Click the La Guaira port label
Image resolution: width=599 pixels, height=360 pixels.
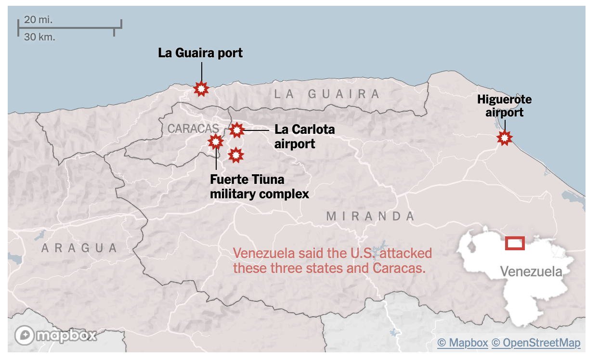tap(200, 53)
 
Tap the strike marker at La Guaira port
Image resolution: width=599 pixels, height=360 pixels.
tap(201, 89)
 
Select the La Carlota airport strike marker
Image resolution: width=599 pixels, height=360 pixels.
tap(236, 130)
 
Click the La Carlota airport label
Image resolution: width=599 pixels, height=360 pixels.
tap(304, 136)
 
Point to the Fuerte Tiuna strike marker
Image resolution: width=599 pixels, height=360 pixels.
tap(215, 141)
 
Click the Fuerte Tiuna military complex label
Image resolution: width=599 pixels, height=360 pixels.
tap(259, 187)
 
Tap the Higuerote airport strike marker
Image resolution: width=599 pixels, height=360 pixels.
tap(504, 138)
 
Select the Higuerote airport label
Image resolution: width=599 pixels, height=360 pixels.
tap(504, 106)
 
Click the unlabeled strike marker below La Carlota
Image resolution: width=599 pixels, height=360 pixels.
tap(235, 155)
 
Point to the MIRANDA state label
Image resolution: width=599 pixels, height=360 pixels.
tap(370, 217)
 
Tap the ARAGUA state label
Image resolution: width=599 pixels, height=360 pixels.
tap(79, 248)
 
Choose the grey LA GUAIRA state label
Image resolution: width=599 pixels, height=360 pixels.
tap(327, 94)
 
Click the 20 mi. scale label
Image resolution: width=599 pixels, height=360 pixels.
tap(39, 20)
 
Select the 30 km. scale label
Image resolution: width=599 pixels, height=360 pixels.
tap(39, 37)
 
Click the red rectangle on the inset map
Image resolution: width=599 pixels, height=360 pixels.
tap(515, 244)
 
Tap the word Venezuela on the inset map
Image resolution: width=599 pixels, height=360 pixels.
tap(531, 272)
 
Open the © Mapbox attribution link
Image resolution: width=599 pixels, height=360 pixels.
tap(462, 343)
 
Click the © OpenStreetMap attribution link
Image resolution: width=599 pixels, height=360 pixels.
tap(536, 343)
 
